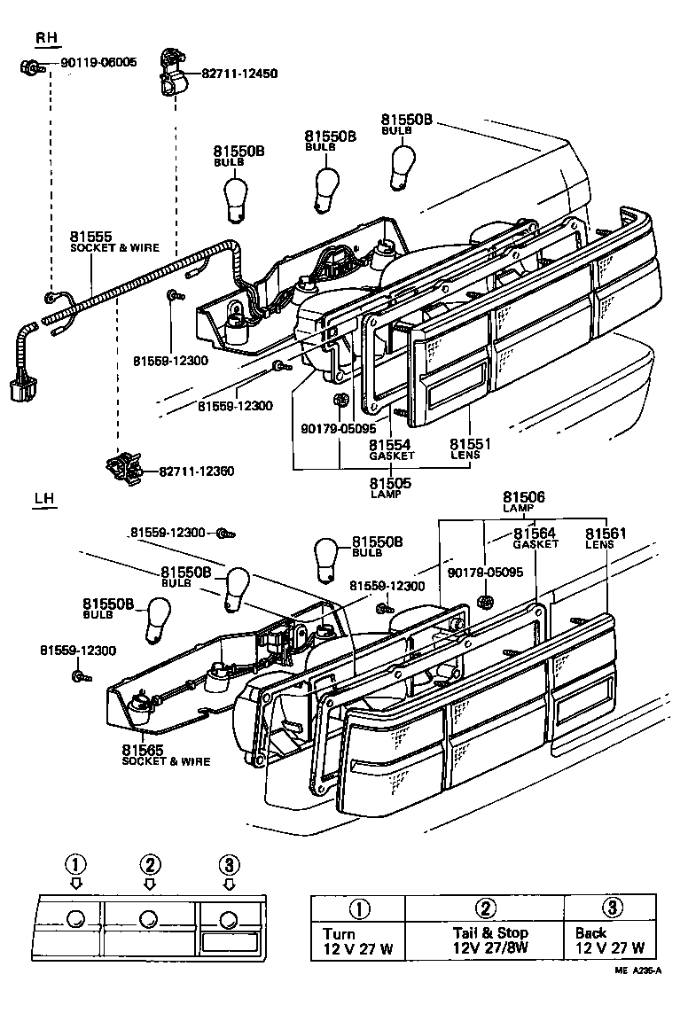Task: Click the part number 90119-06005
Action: (x=98, y=63)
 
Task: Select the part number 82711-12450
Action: (x=239, y=74)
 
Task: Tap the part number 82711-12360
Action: (x=196, y=471)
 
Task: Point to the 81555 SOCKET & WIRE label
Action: (x=114, y=241)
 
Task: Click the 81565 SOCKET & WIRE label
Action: (x=166, y=755)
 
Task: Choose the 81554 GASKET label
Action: (x=391, y=450)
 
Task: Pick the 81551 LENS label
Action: (x=470, y=448)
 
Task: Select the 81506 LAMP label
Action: (x=523, y=502)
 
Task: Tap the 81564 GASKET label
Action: (x=535, y=538)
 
